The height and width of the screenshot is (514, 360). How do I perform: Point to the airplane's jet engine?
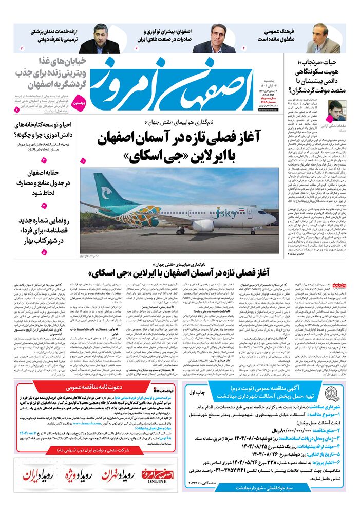pos(203,226)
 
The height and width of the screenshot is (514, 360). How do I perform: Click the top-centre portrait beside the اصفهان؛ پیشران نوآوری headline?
pos(213,40)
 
